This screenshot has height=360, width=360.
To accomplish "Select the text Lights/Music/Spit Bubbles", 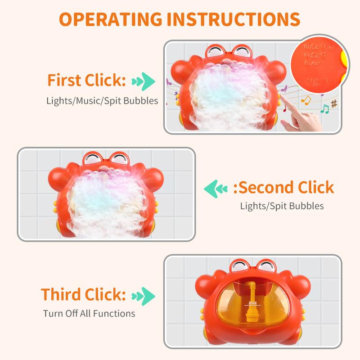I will click(x=102, y=100).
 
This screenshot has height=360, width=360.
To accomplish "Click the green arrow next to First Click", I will click(x=144, y=81).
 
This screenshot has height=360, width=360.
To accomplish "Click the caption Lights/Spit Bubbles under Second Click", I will click(x=282, y=206).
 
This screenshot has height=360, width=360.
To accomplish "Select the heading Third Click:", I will click(x=83, y=294).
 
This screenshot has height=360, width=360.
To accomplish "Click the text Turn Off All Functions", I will click(x=89, y=313).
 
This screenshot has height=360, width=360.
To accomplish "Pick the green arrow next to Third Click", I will click(x=144, y=295).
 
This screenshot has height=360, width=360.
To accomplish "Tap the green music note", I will click(x=324, y=108).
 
